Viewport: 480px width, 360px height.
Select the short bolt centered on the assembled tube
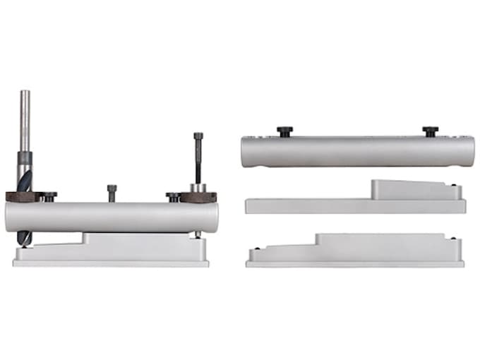pos(112,192)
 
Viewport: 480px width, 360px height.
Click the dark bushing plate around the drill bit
pos(21,197)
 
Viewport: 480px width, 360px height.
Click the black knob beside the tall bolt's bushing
pos(173,196)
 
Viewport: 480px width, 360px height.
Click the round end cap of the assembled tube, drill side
pos(10,217)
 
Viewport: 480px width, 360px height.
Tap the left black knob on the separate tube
pos(285,131)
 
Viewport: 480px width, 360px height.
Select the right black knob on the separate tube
pos(430,131)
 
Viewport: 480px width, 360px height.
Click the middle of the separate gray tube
pos(356,151)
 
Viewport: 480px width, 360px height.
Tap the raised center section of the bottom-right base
pos(381,243)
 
